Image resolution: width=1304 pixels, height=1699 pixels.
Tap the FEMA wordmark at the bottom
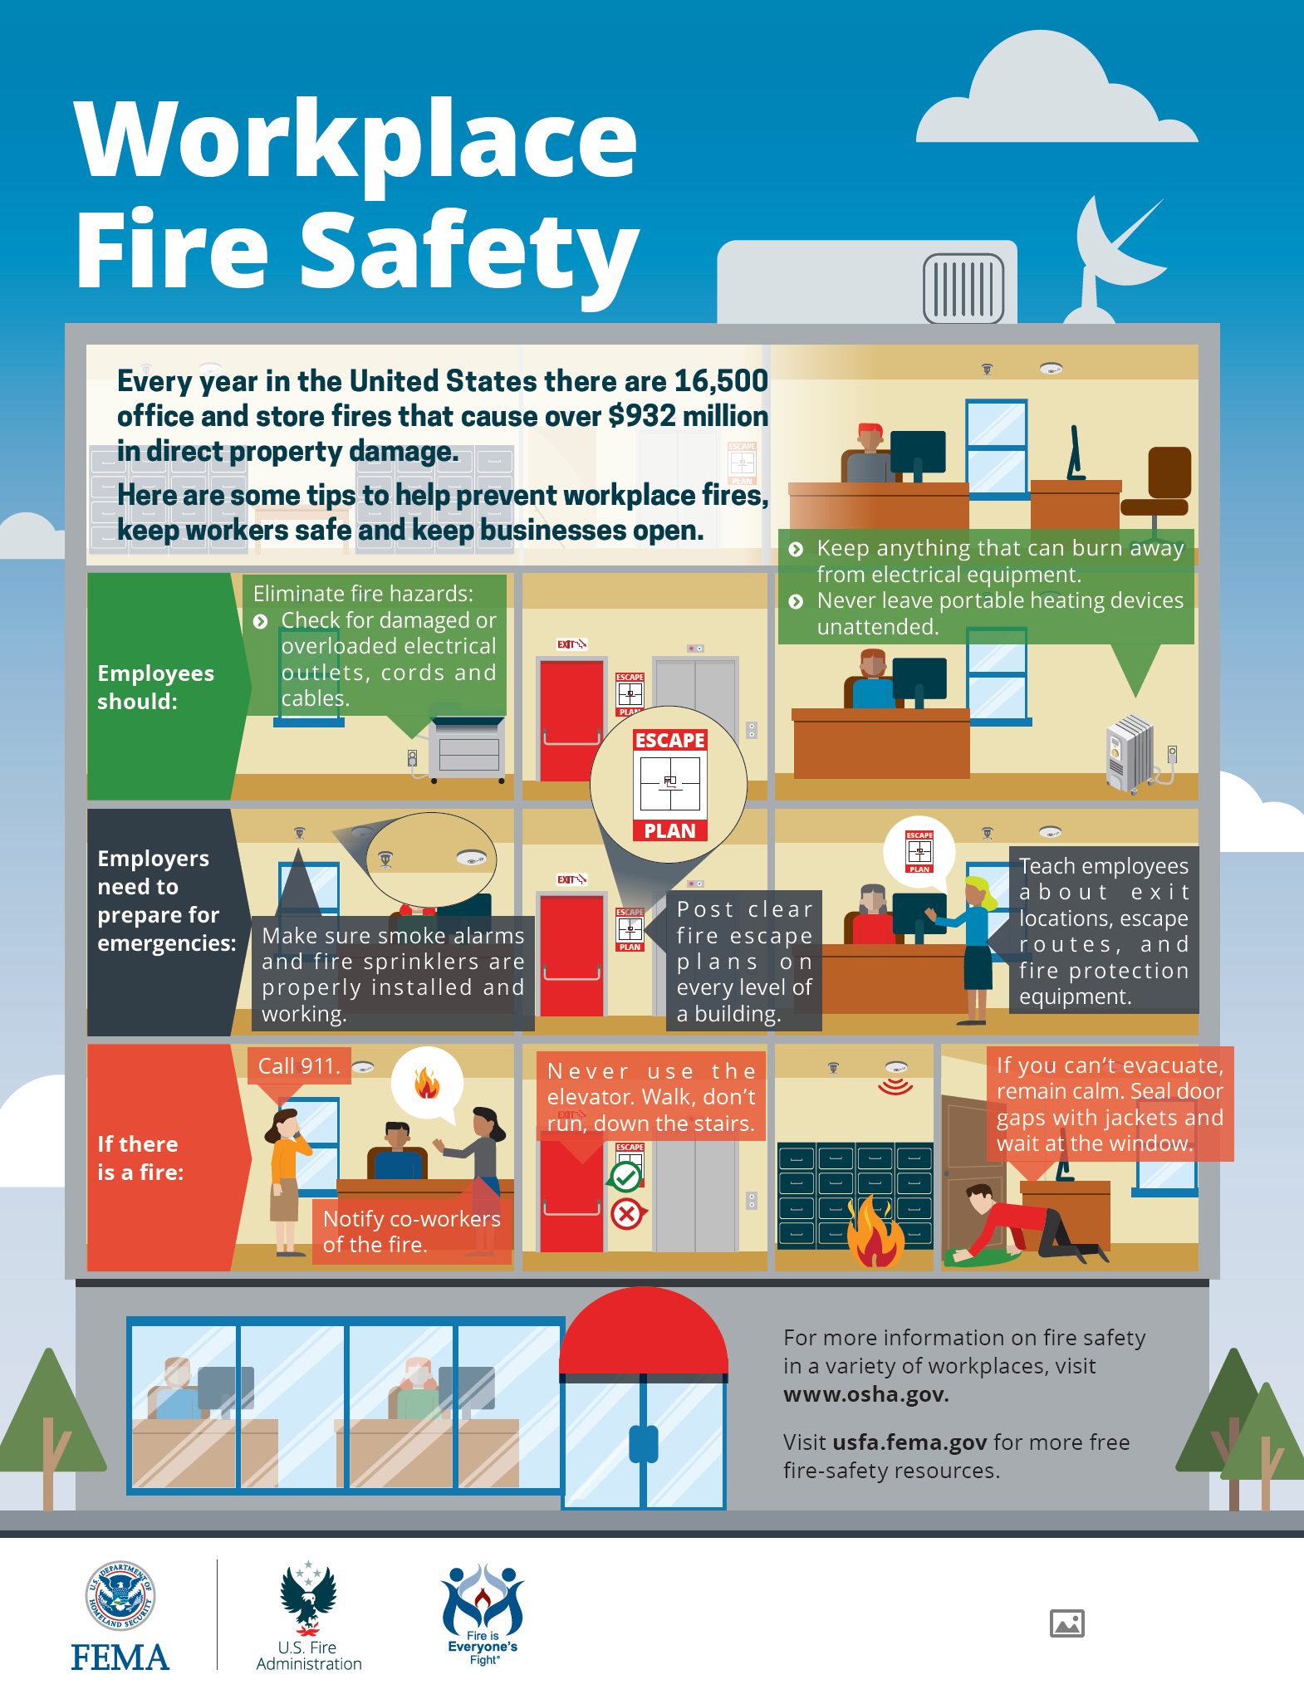click(x=120, y=1657)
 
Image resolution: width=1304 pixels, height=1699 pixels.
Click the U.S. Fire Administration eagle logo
click(x=308, y=1599)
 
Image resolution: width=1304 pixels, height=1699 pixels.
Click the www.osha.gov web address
click(x=866, y=1394)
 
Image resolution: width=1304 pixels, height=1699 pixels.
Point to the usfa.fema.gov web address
click(x=909, y=1442)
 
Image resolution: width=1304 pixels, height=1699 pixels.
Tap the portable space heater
click(x=1131, y=753)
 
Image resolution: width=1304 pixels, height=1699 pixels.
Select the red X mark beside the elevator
click(x=627, y=1214)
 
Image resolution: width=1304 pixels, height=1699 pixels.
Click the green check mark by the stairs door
click(x=626, y=1176)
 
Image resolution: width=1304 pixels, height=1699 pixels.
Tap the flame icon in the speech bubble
click(x=427, y=1083)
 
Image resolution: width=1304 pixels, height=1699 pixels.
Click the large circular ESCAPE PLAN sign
click(x=669, y=784)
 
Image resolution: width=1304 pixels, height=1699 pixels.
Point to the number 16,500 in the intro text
click(x=721, y=381)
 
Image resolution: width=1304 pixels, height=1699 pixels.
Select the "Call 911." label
click(x=299, y=1066)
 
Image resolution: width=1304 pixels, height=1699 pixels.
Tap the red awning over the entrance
click(x=644, y=1329)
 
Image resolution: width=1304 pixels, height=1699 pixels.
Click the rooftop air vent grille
click(x=963, y=288)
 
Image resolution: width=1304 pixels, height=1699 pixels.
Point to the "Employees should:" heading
click(x=155, y=687)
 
